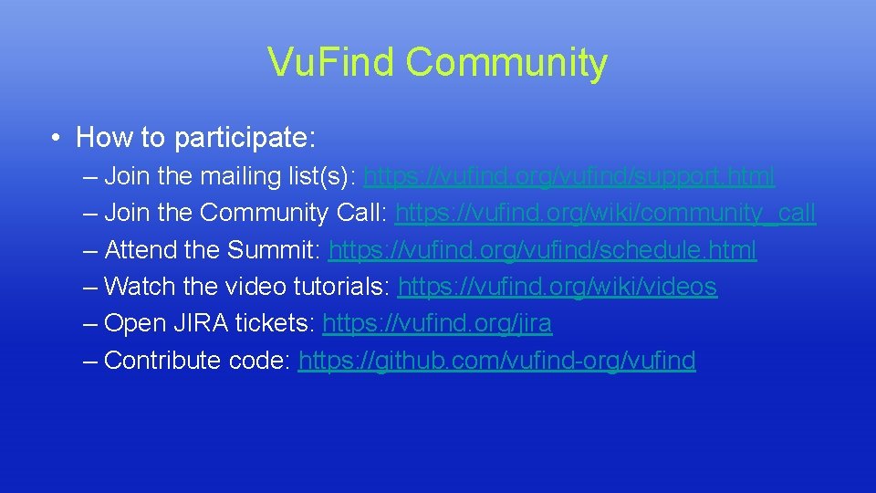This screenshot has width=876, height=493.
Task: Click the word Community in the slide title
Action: (506, 62)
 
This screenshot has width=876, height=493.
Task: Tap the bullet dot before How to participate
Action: (57, 139)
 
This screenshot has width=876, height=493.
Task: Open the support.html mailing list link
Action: (568, 176)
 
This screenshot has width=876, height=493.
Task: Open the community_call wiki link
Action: (606, 213)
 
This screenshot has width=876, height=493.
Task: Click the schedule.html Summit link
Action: (542, 250)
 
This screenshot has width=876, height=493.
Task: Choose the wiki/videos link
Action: (558, 287)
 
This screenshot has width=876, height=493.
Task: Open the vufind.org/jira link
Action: (437, 324)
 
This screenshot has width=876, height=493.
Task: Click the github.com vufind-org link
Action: (496, 361)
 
